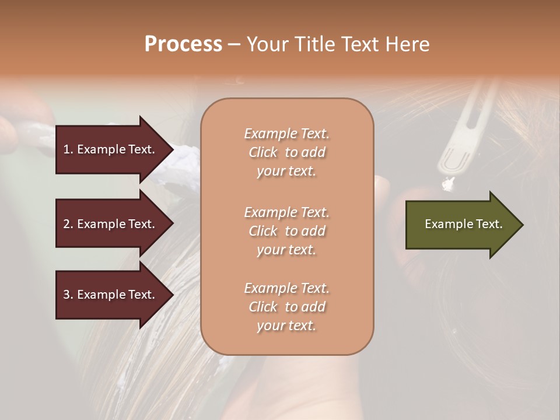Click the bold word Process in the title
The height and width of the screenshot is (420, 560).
coord(183,44)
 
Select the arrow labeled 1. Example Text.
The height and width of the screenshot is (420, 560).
coord(111,149)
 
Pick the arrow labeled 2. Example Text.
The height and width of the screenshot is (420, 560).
coord(111,224)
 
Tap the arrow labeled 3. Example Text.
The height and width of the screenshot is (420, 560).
coord(111,295)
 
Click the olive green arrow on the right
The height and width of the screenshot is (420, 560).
coord(461,225)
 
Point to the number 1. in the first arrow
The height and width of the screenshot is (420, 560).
coord(68,149)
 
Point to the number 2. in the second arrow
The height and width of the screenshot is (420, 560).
coord(68,224)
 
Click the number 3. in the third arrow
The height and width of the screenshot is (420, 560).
coord(68,295)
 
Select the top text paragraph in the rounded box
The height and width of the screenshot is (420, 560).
coord(286,152)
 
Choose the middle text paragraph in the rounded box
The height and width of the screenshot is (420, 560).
coord(286,231)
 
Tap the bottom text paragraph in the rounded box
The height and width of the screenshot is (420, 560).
coord(286,307)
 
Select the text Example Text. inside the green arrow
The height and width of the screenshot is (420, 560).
coord(463,224)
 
